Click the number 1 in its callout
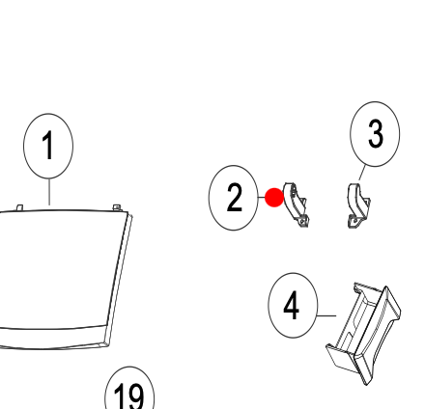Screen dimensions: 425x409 (x=47, y=145)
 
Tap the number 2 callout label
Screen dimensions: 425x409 (x=234, y=197)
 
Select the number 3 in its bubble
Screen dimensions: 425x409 (x=376, y=134)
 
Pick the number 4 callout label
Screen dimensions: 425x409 (x=292, y=306)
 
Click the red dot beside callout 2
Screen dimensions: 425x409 (x=274, y=198)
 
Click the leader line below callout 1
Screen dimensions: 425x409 (x=49, y=192)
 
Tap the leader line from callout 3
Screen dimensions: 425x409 (x=362, y=173)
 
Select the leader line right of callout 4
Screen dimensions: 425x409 (x=326, y=315)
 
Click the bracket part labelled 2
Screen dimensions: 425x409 (x=295, y=205)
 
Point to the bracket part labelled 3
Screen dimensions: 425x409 (x=358, y=205)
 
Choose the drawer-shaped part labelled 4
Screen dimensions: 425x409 (x=364, y=333)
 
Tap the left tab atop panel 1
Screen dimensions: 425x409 (x=19, y=207)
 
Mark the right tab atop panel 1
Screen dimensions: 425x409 (x=117, y=207)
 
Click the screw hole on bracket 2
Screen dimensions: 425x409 (x=302, y=221)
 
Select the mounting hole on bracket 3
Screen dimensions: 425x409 (x=354, y=221)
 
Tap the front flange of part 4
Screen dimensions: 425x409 (x=378, y=335)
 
